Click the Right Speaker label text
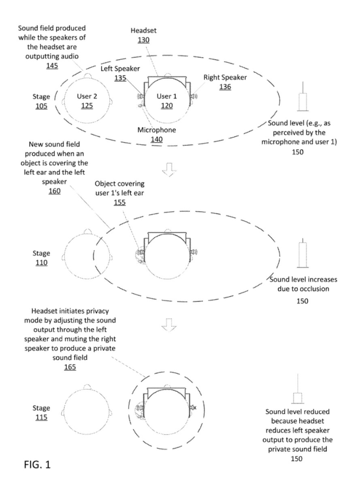pyautogui.click(x=225, y=77)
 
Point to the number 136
pyautogui.click(x=225, y=87)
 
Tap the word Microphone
pyautogui.click(x=156, y=130)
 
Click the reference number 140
pyautogui.click(x=156, y=139)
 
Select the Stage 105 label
pyautogui.click(x=41, y=101)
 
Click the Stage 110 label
pyautogui.click(x=41, y=258)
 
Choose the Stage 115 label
pyautogui.click(x=41, y=413)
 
